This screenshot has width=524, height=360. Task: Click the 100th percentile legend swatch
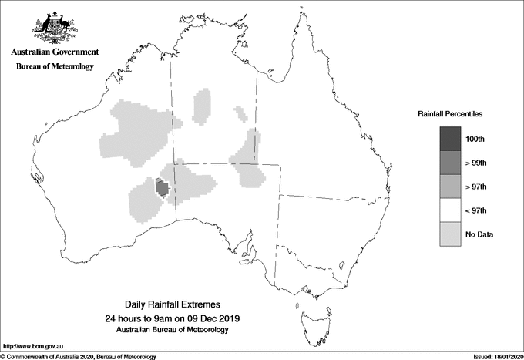click(451, 139)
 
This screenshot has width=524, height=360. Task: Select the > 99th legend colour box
click(451, 163)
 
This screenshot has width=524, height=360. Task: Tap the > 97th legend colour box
click(451, 187)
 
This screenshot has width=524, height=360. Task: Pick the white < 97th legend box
click(451, 210)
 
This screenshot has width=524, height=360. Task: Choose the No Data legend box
click(451, 234)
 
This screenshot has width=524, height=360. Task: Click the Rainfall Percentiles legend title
click(450, 113)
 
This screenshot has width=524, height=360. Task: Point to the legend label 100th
click(475, 139)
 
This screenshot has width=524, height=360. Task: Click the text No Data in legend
click(479, 234)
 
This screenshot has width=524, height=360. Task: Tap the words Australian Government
click(55, 52)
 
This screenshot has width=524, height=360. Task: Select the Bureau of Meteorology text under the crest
click(55, 67)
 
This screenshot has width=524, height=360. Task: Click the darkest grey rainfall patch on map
click(162, 187)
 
